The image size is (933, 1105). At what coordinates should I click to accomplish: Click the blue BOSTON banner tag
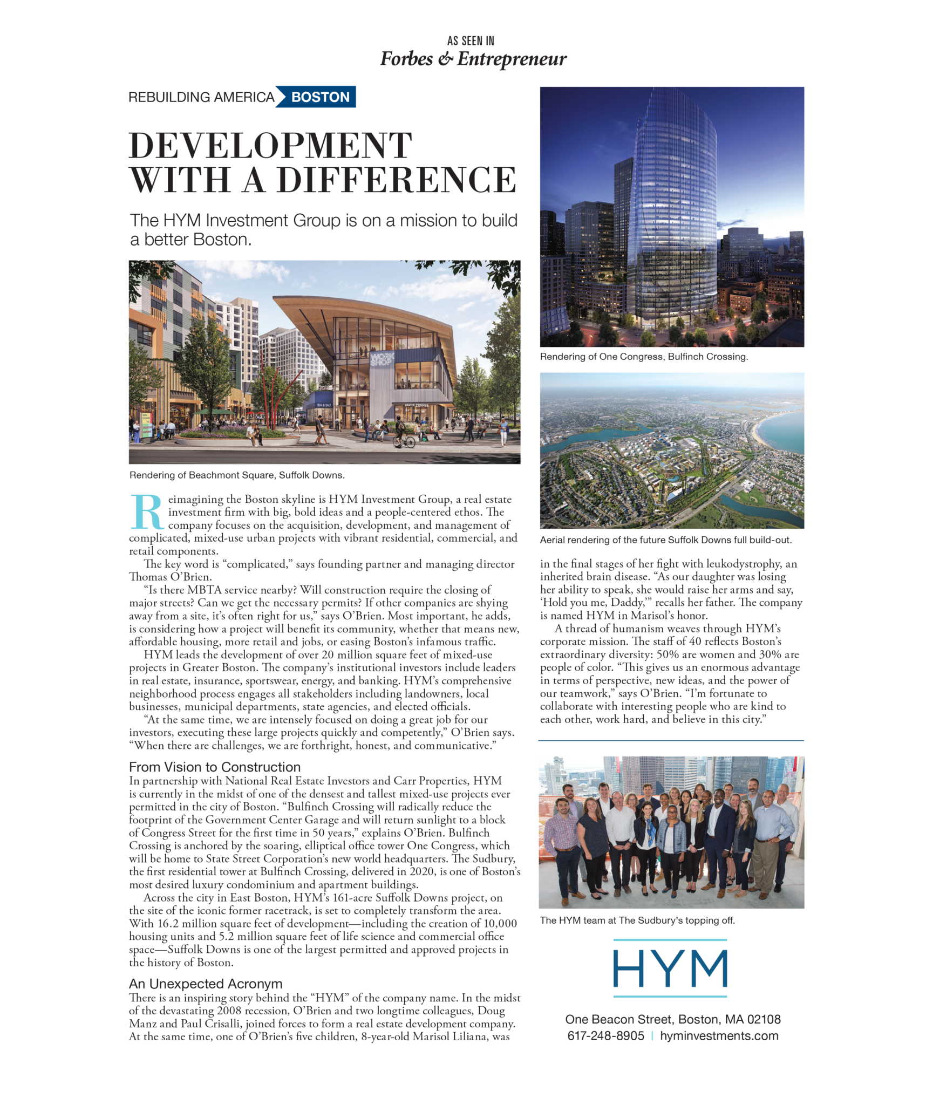click(320, 97)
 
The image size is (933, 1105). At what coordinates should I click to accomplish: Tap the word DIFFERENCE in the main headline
click(397, 180)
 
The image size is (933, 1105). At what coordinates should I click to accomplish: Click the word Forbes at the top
click(406, 59)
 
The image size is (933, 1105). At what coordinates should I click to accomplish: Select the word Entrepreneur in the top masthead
click(512, 59)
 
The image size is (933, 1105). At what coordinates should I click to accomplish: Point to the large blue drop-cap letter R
click(147, 511)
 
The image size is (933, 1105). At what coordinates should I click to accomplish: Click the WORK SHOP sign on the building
click(382, 358)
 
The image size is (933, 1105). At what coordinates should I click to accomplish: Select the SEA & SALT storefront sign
click(324, 405)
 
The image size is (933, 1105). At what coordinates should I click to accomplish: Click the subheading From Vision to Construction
click(215, 767)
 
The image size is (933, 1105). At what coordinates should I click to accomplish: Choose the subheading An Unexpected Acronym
click(206, 984)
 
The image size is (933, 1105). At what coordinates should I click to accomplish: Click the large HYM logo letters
click(670, 968)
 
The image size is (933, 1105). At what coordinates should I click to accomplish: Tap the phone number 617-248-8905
click(605, 1036)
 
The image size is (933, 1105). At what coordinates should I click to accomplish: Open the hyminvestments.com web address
click(719, 1036)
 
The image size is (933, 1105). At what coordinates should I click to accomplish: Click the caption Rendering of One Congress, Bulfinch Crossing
click(644, 357)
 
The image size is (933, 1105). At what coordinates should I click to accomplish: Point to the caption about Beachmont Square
click(237, 475)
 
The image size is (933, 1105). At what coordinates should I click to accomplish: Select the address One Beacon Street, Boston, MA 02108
click(672, 1019)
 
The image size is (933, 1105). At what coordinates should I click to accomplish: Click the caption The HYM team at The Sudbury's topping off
click(637, 920)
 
